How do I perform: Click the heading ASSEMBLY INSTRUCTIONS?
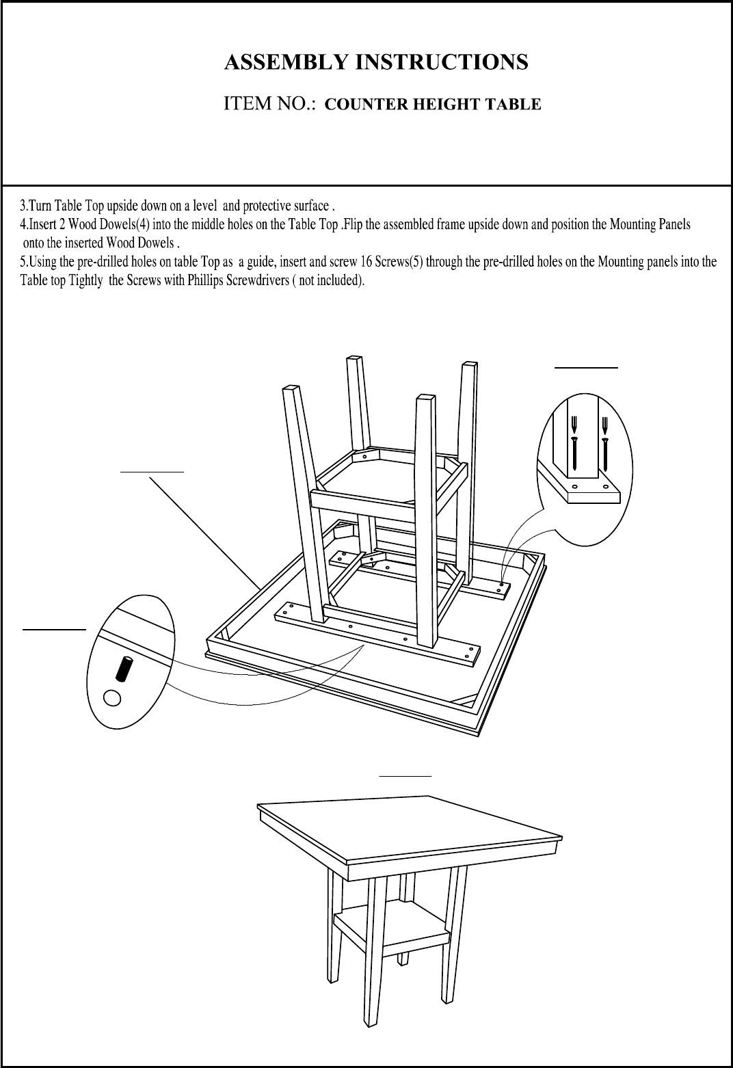click(x=376, y=62)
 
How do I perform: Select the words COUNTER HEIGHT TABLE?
click(x=433, y=105)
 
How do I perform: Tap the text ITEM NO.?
click(x=270, y=103)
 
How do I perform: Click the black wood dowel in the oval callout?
click(x=124, y=669)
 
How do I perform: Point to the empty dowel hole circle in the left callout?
click(x=112, y=698)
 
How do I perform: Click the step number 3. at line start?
click(x=25, y=206)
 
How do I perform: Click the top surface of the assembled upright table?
click(x=409, y=830)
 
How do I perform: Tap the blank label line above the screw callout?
click(x=586, y=368)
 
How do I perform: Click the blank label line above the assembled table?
click(x=405, y=776)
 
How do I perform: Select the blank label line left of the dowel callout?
click(x=55, y=629)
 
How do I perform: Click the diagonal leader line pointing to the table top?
click(x=205, y=533)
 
